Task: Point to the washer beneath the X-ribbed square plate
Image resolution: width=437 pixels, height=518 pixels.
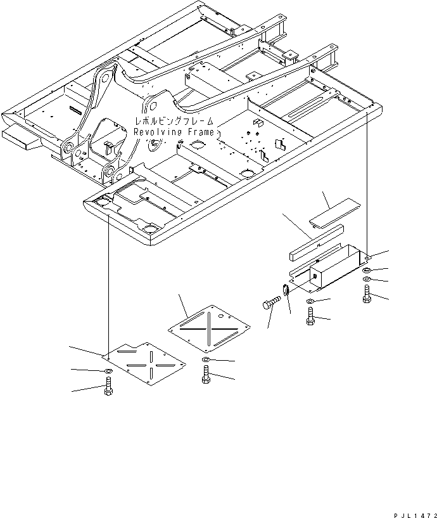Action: click(206, 361)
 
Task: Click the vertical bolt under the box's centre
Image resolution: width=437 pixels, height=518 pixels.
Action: click(310, 316)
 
